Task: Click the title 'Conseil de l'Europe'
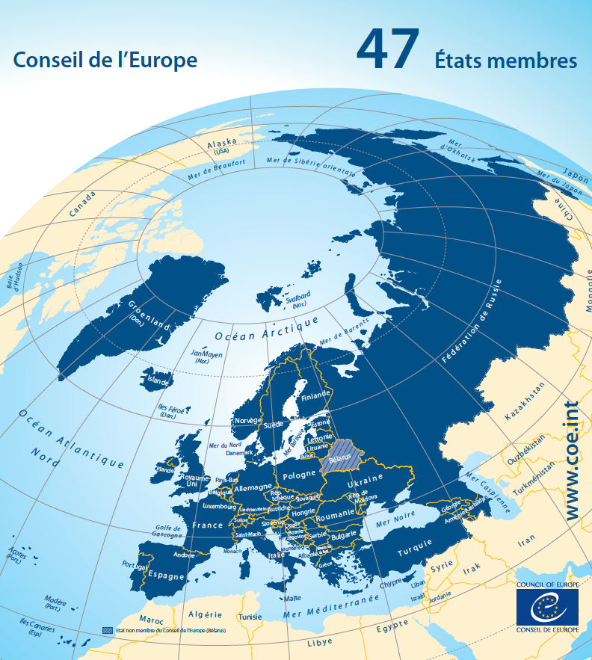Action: click(106, 60)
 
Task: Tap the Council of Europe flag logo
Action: click(546, 608)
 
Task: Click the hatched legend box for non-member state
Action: click(107, 631)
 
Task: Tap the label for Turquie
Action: click(414, 552)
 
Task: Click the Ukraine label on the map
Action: click(366, 478)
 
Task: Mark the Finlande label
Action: click(314, 395)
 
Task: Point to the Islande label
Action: click(158, 380)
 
